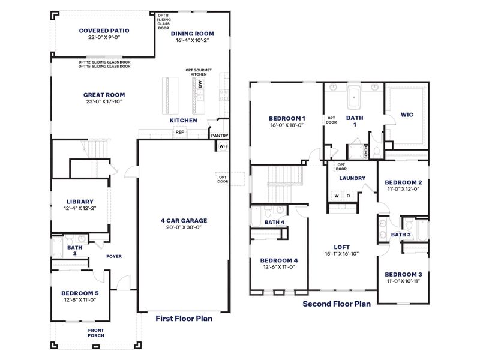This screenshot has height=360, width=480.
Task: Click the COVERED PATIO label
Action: pyautogui.click(x=104, y=31)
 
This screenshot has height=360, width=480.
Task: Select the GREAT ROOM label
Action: pyautogui.click(x=104, y=95)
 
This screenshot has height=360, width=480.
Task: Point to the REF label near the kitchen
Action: pyautogui.click(x=179, y=132)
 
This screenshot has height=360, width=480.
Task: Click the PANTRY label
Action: pyautogui.click(x=219, y=136)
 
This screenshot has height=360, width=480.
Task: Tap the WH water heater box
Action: pyautogui.click(x=223, y=146)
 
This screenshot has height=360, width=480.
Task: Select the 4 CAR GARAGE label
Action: pyautogui.click(x=183, y=220)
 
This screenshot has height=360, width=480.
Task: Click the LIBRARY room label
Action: pyautogui.click(x=79, y=202)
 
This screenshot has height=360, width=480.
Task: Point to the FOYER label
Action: pyautogui.click(x=114, y=256)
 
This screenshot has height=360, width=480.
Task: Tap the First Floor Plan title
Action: pyautogui.click(x=184, y=319)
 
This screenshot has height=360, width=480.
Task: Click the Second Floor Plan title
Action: pyautogui.click(x=336, y=304)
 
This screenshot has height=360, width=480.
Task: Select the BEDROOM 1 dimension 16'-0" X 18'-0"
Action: pyautogui.click(x=287, y=126)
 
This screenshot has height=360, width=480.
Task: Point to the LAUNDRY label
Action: pyautogui.click(x=352, y=178)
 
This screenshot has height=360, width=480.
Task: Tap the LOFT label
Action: pyautogui.click(x=341, y=247)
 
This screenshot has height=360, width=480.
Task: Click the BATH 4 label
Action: pyautogui.click(x=274, y=222)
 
